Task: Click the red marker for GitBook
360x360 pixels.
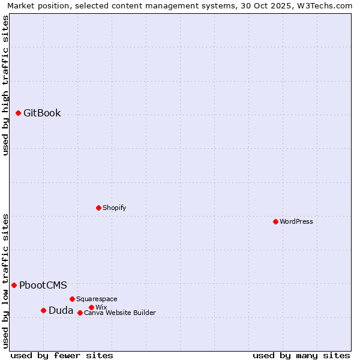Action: point(18,113)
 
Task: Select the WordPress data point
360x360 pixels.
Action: point(275,221)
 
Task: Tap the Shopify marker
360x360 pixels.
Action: point(98,208)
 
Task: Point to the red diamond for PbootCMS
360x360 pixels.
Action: point(14,285)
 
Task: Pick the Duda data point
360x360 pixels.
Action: point(43,310)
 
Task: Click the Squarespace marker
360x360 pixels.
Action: point(72,299)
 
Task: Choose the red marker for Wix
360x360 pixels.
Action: point(91,307)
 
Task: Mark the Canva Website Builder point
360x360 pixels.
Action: point(80,313)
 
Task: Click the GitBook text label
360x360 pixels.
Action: point(42,113)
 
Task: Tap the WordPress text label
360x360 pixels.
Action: point(296,221)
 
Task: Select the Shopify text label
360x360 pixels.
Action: point(114,208)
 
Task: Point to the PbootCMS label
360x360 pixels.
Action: point(43,285)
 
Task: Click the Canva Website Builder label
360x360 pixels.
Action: point(120,313)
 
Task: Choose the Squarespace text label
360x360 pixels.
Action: point(97,299)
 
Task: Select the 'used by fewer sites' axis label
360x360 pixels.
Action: point(62,355)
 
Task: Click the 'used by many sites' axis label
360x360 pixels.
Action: point(301,355)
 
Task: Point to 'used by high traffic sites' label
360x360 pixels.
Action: point(5,85)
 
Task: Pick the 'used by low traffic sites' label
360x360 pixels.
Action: point(5,280)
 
